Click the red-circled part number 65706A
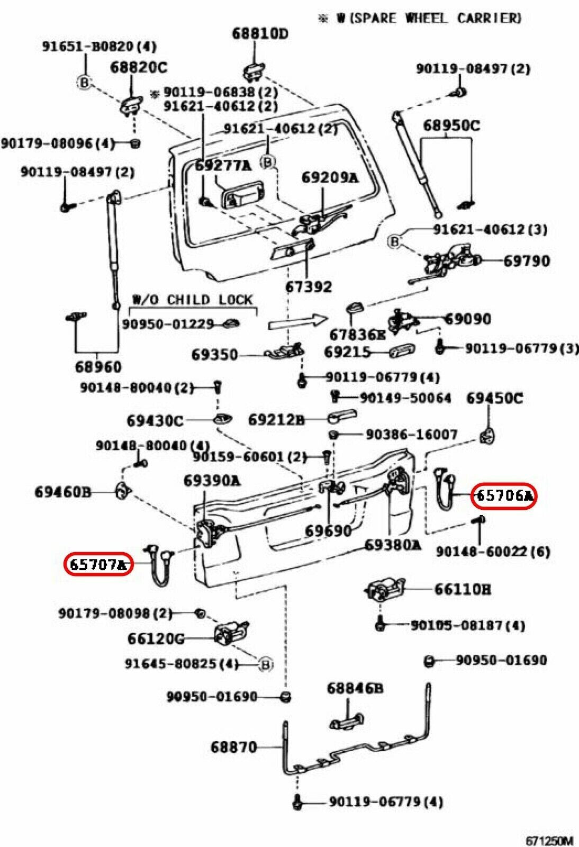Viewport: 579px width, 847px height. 504,496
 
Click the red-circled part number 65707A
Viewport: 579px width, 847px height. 98,564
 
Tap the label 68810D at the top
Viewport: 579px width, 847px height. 260,34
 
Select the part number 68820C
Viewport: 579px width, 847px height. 139,67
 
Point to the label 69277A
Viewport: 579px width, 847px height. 223,165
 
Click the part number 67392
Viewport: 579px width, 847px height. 309,286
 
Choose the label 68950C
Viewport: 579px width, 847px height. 451,125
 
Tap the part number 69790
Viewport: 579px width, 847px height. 527,260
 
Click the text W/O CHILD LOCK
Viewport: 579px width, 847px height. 192,300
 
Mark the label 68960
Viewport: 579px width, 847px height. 98,366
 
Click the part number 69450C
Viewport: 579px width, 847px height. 494,398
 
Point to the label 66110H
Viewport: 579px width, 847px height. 463,589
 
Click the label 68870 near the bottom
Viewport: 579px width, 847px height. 233,747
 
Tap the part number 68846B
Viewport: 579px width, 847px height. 355,688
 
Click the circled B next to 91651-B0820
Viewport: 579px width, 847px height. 85,82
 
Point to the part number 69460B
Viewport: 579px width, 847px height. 63,492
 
